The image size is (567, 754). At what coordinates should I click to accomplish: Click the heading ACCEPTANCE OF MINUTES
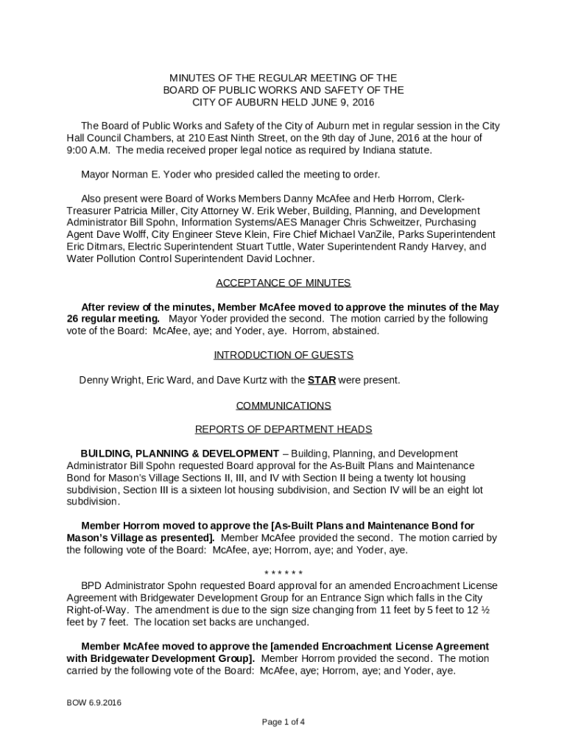tap(283, 283)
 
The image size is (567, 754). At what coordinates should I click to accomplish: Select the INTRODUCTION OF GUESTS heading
tap(283, 355)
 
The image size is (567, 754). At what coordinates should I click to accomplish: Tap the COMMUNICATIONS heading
tap(283, 406)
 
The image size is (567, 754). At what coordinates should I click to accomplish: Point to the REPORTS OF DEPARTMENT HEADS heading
tap(283, 429)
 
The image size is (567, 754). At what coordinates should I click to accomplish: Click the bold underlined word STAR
tap(322, 381)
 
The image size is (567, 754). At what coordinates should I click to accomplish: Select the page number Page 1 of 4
tap(283, 722)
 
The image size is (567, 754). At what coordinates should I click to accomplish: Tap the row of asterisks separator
tap(283, 574)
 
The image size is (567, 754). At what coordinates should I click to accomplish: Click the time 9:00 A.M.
tap(88, 150)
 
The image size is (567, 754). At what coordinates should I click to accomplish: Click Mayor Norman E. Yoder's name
tap(149, 175)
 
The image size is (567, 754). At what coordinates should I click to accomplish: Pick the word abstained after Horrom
tap(356, 331)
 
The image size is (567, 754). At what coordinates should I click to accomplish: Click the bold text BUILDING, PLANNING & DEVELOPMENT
tap(180, 454)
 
